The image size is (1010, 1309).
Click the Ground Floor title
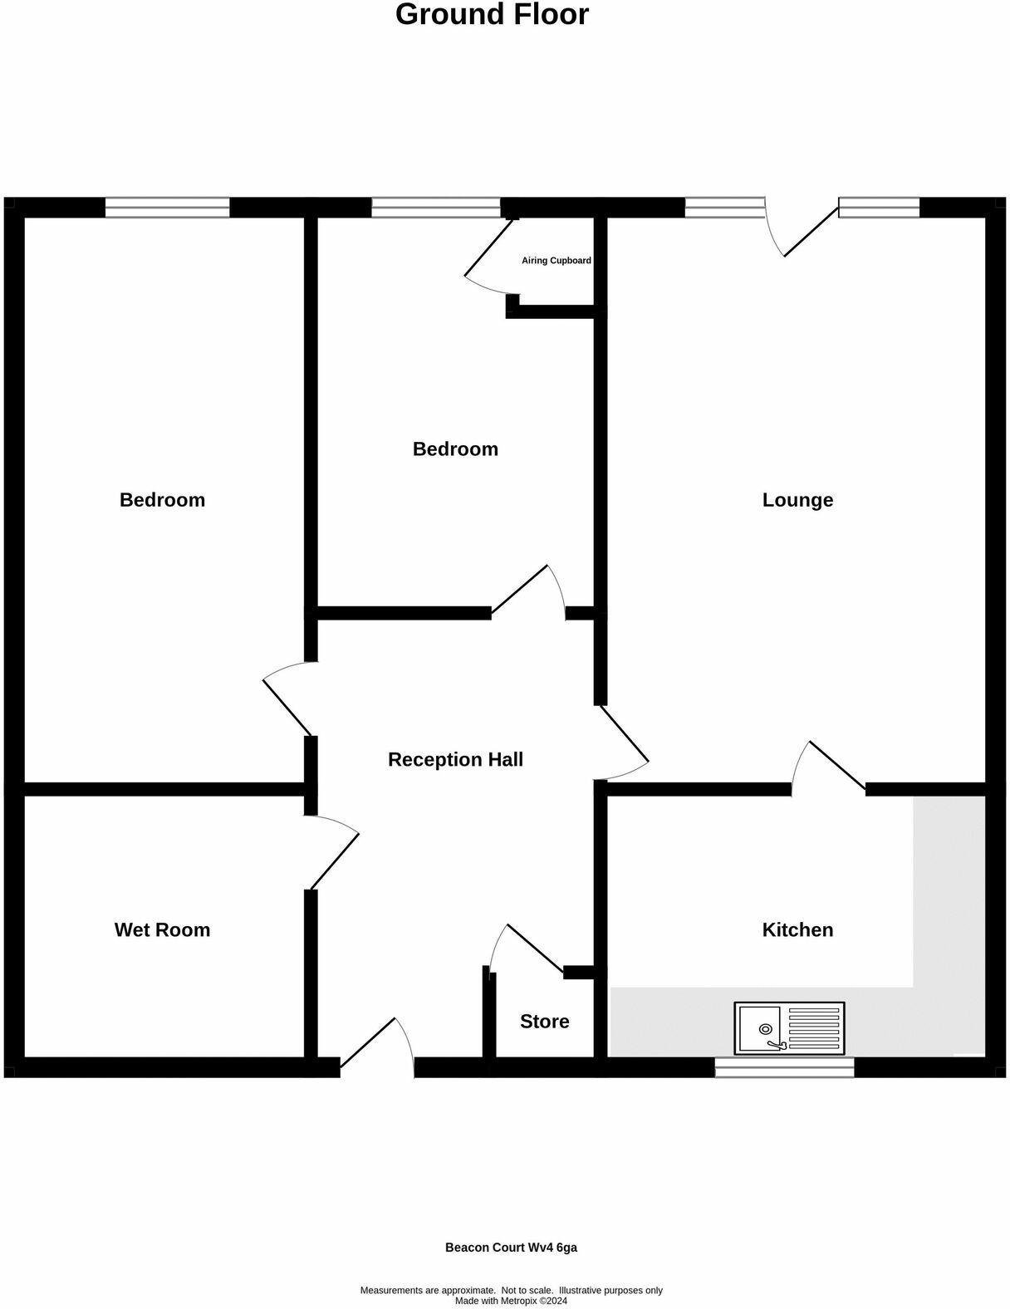coord(492,15)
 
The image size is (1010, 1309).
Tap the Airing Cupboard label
coord(556,261)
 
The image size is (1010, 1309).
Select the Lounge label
coord(797,500)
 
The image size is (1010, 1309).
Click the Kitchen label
coord(797,929)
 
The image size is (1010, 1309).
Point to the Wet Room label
coord(162,929)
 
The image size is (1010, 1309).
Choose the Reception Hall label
coord(455,759)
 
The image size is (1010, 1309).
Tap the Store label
coord(544,1022)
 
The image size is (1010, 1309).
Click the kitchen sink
coord(788,1027)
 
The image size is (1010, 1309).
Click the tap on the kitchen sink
coord(777,1044)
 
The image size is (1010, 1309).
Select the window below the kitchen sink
coord(784,1067)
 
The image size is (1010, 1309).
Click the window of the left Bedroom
coord(167,208)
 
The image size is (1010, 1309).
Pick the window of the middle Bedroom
coord(436,208)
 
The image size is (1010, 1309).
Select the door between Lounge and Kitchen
coord(837,764)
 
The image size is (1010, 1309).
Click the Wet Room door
coord(334,860)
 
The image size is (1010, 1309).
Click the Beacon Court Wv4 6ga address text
coord(511,1248)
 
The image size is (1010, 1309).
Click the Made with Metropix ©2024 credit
coord(511,1301)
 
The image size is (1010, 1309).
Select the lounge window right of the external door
coord(879,208)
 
